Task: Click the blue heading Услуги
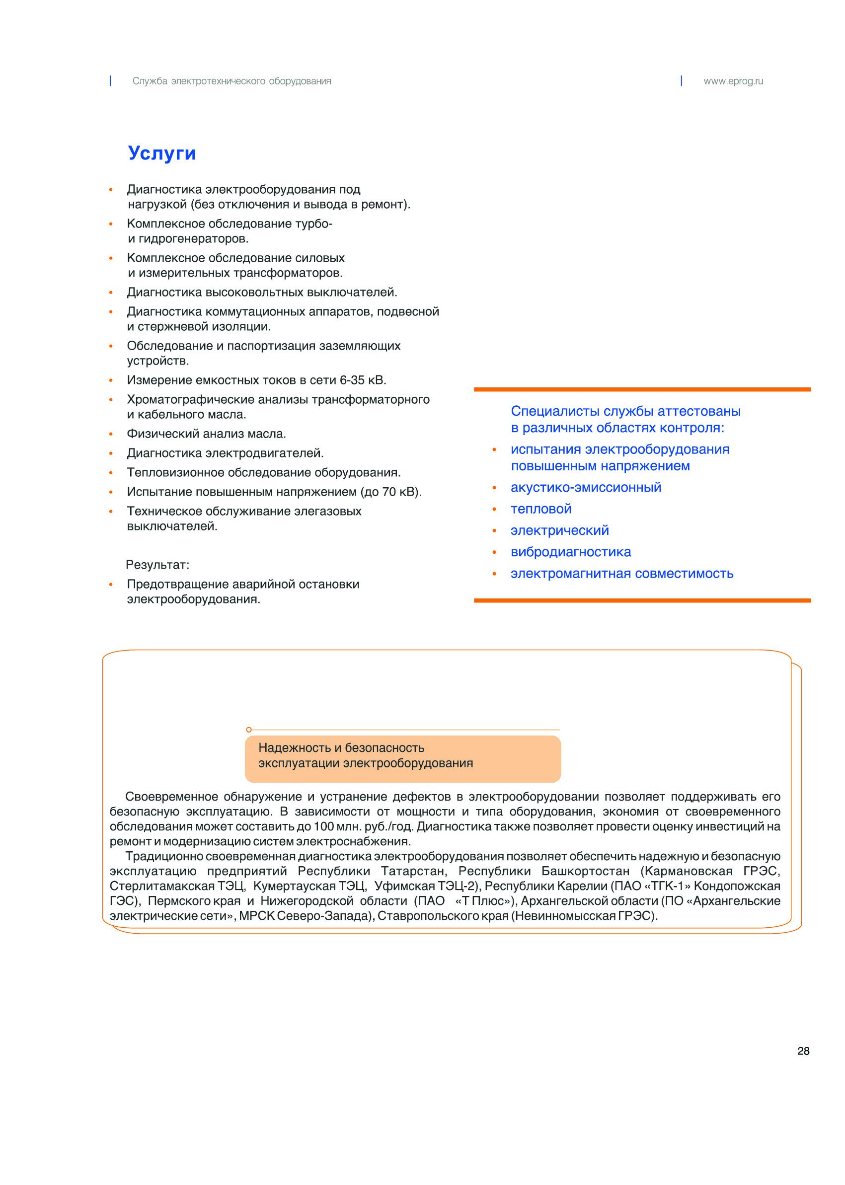tap(162, 153)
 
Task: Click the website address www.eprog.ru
tap(733, 81)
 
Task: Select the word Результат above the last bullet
tap(156, 565)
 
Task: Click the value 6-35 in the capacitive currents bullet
tap(352, 380)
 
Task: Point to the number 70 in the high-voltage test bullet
tap(390, 492)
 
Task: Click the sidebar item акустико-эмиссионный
tap(585, 487)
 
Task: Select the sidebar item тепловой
tap(540, 509)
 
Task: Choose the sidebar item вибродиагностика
tap(570, 552)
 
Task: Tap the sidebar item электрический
tap(559, 530)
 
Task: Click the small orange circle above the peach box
tap(249, 730)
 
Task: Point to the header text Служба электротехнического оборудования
tap(231, 81)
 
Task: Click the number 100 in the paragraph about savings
tap(323, 826)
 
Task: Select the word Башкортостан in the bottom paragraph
tap(585, 871)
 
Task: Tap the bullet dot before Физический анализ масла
tap(111, 434)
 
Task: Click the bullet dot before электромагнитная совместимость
tap(494, 574)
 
